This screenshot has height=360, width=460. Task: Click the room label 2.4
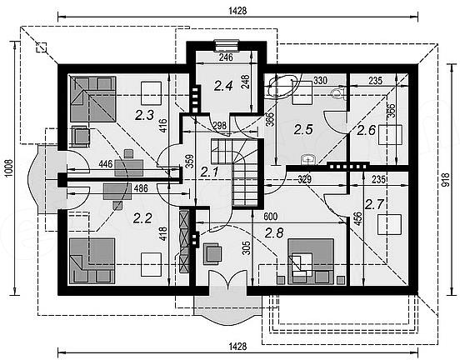(x=223, y=86)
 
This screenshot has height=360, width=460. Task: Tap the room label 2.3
(x=144, y=115)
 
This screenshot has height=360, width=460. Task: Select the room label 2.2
(x=142, y=218)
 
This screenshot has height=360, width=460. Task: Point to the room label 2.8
(x=274, y=233)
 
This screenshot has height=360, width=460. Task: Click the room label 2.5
(x=303, y=129)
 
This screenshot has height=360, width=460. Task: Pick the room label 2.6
(x=366, y=130)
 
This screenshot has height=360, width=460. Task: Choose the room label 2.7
(x=374, y=204)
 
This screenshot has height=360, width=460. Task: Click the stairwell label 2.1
(x=209, y=172)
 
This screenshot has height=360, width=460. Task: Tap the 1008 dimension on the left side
(x=8, y=168)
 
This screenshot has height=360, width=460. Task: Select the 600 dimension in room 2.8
(x=271, y=217)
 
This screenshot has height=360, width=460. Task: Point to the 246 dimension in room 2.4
(x=226, y=57)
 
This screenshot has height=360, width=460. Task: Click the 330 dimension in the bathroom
(x=320, y=80)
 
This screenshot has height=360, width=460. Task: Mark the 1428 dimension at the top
(x=237, y=11)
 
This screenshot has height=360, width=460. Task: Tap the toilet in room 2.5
(x=338, y=92)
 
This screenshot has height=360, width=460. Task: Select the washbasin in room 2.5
(x=308, y=159)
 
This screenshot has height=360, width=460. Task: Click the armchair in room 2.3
(x=80, y=136)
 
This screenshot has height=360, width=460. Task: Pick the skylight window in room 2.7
(x=389, y=224)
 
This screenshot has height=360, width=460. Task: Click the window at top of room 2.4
(x=226, y=45)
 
